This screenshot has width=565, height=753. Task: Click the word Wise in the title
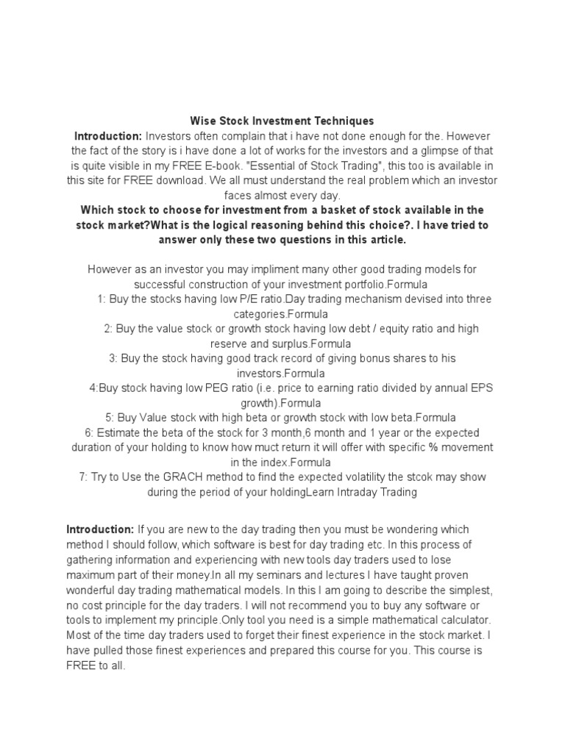202,121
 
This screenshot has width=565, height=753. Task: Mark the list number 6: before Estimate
89,432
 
